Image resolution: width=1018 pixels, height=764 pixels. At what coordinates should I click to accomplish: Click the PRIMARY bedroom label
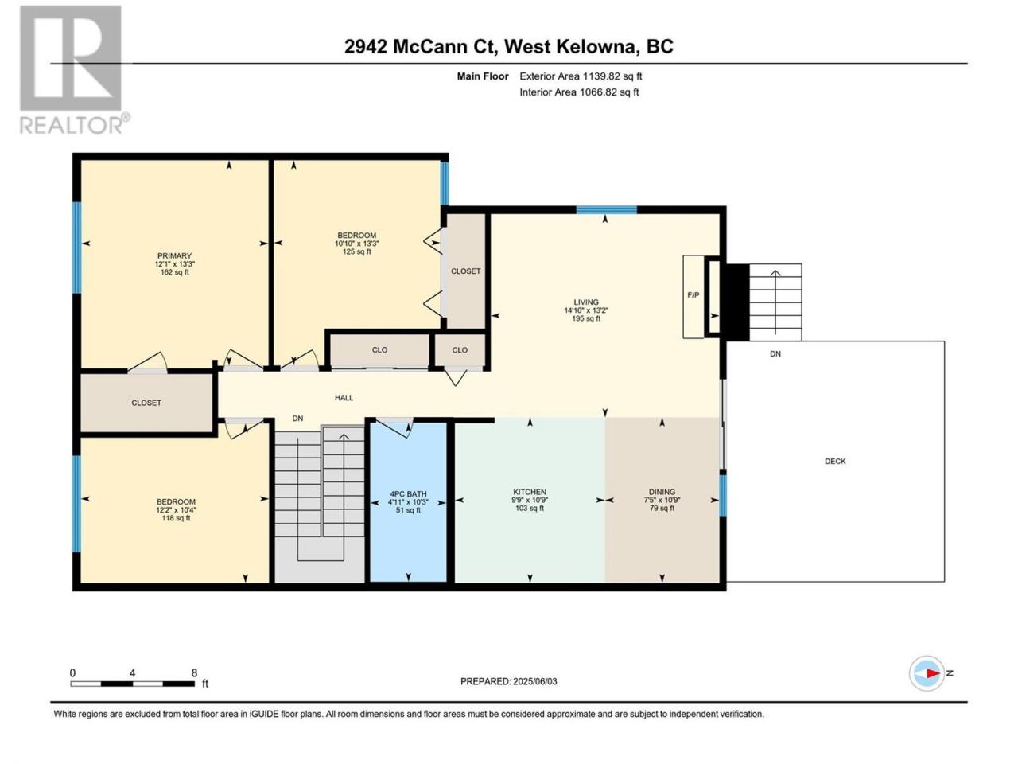point(174,255)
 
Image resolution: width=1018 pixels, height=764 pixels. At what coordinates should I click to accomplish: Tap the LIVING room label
point(586,302)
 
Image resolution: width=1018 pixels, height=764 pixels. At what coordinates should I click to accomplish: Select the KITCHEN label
point(529,492)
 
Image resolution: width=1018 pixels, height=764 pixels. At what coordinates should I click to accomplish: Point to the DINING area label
point(662,492)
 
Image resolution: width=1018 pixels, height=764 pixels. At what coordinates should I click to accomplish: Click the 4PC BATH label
point(408,494)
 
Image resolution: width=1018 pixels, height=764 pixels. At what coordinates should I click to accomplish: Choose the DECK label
point(835,461)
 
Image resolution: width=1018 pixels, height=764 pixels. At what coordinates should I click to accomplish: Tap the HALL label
point(344,398)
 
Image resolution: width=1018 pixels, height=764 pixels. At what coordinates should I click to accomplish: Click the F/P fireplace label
point(693,295)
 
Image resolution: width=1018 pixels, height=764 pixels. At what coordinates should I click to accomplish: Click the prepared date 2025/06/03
point(534,681)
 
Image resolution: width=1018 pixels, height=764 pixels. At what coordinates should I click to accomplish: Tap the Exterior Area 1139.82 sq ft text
point(581,76)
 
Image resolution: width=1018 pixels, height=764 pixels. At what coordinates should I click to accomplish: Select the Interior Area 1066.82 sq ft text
point(579,92)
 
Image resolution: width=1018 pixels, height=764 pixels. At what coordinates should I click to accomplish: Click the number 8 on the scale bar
point(194,672)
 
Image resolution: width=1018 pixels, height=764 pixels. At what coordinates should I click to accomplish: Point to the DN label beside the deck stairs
point(775,354)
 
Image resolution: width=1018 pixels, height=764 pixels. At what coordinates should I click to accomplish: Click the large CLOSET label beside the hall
point(146,403)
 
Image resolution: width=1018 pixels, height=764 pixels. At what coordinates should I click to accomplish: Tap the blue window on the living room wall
point(606,209)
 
